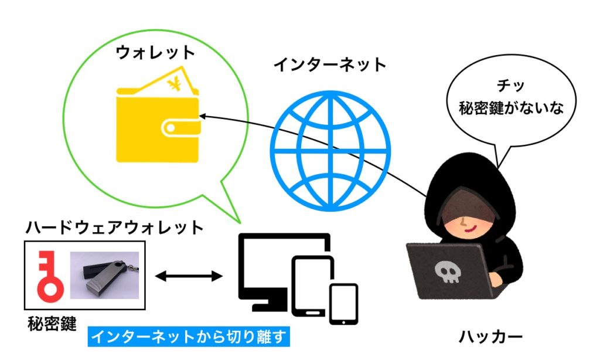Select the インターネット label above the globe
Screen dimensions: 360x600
click(x=330, y=64)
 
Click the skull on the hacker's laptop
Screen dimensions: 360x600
click(x=446, y=271)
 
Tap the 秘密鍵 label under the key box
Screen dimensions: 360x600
click(x=52, y=324)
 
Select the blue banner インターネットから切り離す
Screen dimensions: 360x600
click(x=189, y=337)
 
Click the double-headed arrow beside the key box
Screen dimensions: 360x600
click(x=189, y=274)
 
